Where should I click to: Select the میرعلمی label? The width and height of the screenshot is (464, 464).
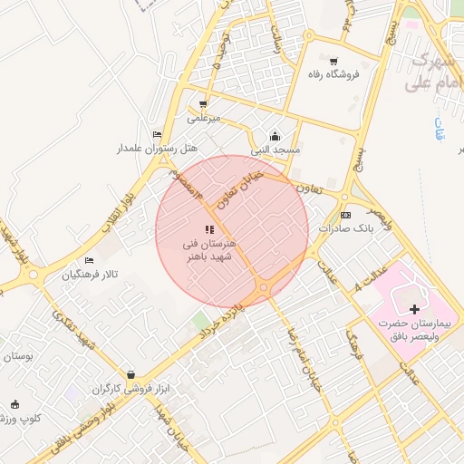(204, 118)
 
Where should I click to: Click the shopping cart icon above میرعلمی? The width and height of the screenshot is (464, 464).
(203, 103)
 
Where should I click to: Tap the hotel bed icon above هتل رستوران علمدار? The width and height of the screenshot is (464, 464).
(159, 134)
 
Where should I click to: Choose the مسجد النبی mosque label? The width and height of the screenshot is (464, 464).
(276, 149)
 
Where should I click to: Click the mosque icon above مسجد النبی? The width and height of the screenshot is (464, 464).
(275, 135)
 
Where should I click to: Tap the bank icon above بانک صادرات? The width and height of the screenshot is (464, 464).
(345, 215)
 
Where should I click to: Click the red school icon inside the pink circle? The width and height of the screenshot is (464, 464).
(208, 229)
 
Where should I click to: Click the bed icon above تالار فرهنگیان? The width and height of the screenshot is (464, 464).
(88, 261)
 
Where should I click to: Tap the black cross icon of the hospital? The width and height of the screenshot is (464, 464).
(415, 310)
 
